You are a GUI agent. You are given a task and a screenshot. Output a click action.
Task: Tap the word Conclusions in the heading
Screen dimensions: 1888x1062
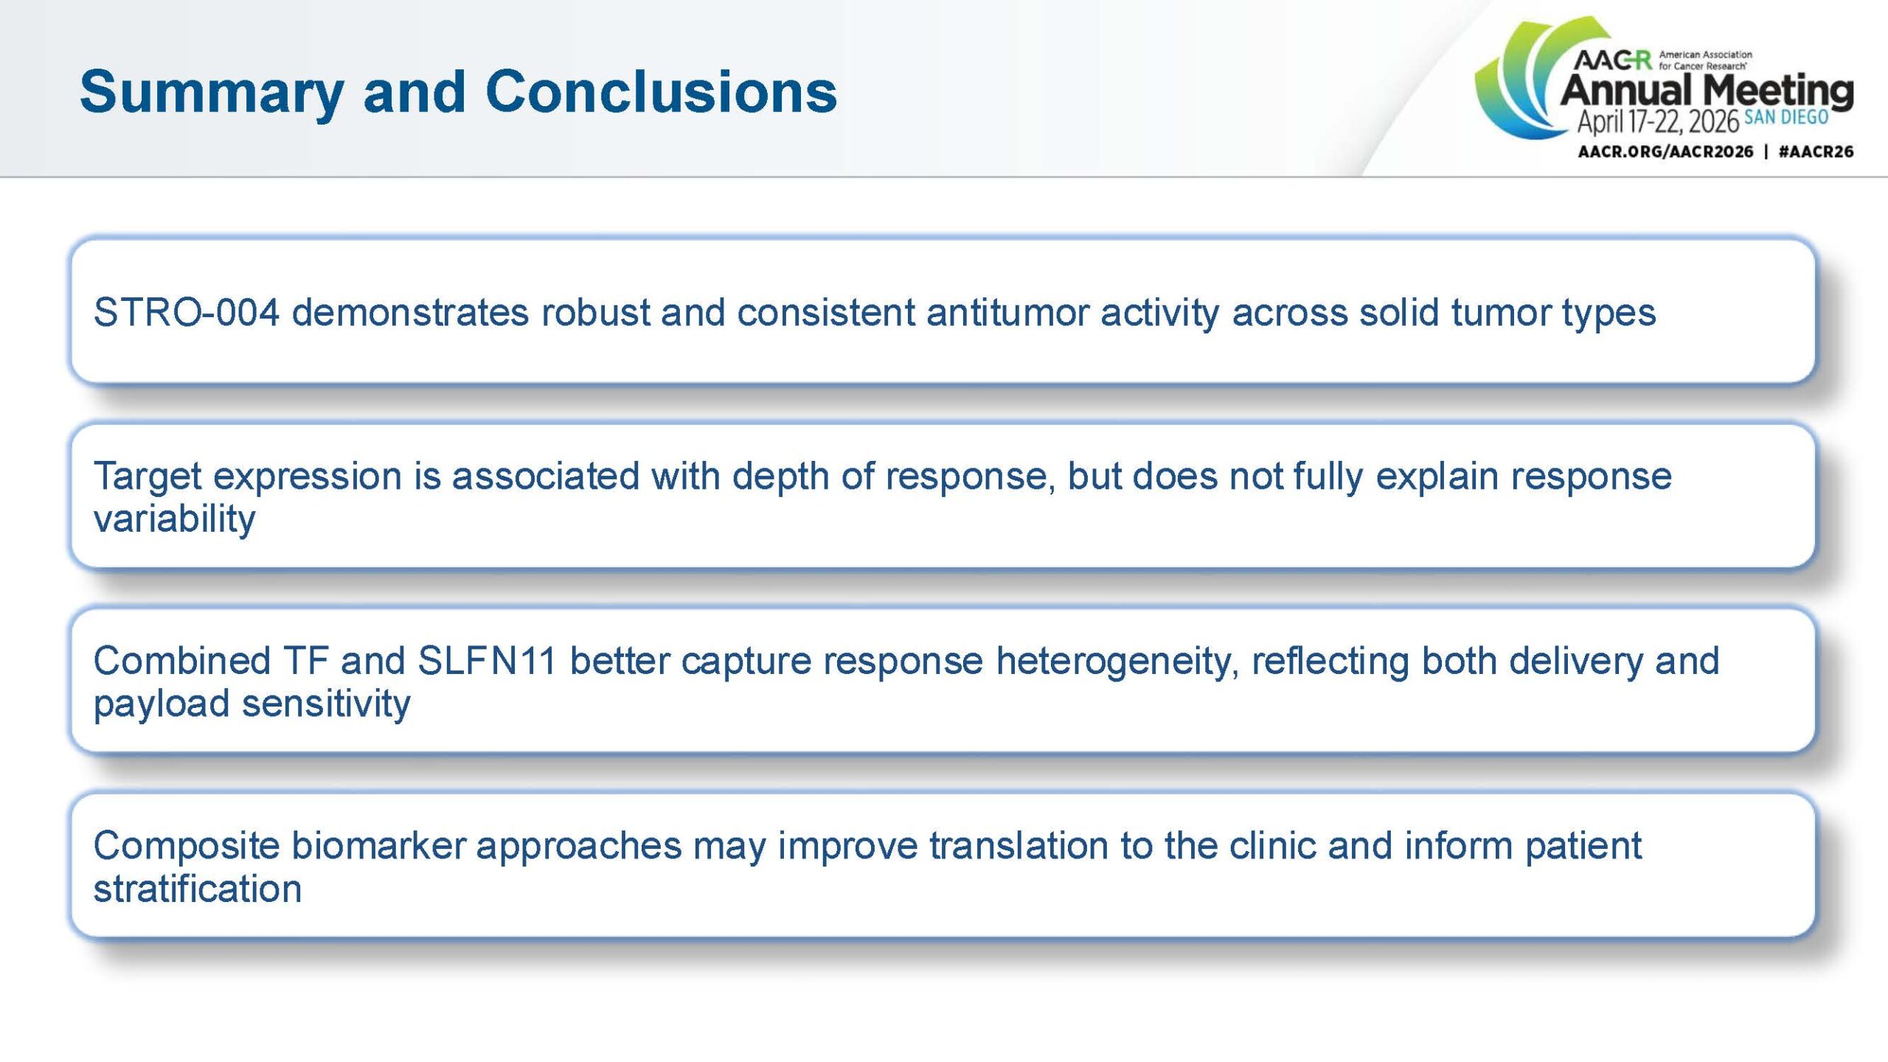661,91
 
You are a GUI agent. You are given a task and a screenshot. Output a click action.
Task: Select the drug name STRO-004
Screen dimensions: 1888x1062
187,312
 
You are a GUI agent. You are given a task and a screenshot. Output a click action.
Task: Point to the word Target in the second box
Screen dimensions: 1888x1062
147,477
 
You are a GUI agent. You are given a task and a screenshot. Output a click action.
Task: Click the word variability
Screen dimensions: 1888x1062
174,518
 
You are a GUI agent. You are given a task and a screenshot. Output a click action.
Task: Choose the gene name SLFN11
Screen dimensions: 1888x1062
487,660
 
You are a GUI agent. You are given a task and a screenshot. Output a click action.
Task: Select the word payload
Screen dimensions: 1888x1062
162,704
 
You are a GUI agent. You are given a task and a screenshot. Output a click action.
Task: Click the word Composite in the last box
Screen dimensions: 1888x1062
186,845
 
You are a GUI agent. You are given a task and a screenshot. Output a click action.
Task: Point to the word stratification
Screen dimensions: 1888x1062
198,888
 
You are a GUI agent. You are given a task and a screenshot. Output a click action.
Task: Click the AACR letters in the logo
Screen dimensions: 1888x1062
1612,60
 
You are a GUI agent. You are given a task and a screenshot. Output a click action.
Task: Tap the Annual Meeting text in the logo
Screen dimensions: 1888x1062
1707,91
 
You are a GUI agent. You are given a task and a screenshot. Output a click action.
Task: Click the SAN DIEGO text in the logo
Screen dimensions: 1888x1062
1786,117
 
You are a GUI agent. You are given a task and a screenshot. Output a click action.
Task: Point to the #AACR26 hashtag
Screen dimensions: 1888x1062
1816,152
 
